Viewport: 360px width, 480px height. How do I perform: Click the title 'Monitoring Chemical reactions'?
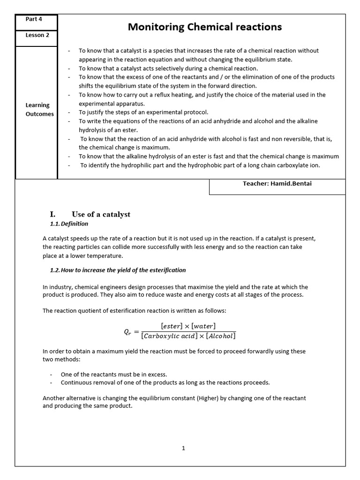205,27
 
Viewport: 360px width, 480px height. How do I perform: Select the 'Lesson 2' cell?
37,35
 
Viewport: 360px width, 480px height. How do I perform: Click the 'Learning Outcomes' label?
39,110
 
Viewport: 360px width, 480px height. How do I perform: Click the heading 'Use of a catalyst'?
101,214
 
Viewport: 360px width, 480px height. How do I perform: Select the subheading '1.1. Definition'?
69,224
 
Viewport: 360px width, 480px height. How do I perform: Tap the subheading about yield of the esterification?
118,270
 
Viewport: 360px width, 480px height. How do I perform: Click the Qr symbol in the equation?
128,332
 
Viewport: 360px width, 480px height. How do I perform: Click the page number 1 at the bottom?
183,448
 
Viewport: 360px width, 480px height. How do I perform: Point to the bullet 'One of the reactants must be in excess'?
113,375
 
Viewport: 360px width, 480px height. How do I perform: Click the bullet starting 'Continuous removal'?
165,382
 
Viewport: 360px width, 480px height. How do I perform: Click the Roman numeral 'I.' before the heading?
52,214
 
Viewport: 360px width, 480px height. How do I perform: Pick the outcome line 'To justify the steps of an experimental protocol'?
143,112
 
